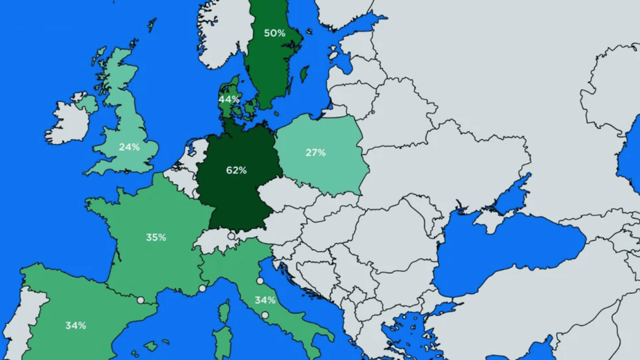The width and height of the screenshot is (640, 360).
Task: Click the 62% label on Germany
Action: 236,170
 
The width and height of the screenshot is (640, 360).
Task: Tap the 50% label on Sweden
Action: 275,33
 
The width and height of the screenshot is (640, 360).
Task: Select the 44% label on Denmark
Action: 228,99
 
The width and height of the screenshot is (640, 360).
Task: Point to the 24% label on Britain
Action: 129,147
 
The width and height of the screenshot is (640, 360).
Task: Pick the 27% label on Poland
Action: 316,153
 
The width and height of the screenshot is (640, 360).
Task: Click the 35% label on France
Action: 156,237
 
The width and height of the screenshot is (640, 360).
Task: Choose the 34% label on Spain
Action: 76,325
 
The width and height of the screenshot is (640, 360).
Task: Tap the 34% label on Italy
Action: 265,300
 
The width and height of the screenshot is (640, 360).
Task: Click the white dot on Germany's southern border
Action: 231,236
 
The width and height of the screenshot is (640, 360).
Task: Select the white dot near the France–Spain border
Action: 140,300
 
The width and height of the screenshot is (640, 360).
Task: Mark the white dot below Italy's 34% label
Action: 265,315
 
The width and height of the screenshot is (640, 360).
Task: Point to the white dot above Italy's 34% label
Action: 260,281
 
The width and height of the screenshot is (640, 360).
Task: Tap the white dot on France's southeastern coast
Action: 202,289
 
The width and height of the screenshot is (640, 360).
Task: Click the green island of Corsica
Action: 225,311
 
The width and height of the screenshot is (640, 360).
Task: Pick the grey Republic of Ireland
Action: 68,123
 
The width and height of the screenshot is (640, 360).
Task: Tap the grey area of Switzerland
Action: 216,240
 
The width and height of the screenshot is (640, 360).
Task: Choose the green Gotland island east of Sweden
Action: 305,74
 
